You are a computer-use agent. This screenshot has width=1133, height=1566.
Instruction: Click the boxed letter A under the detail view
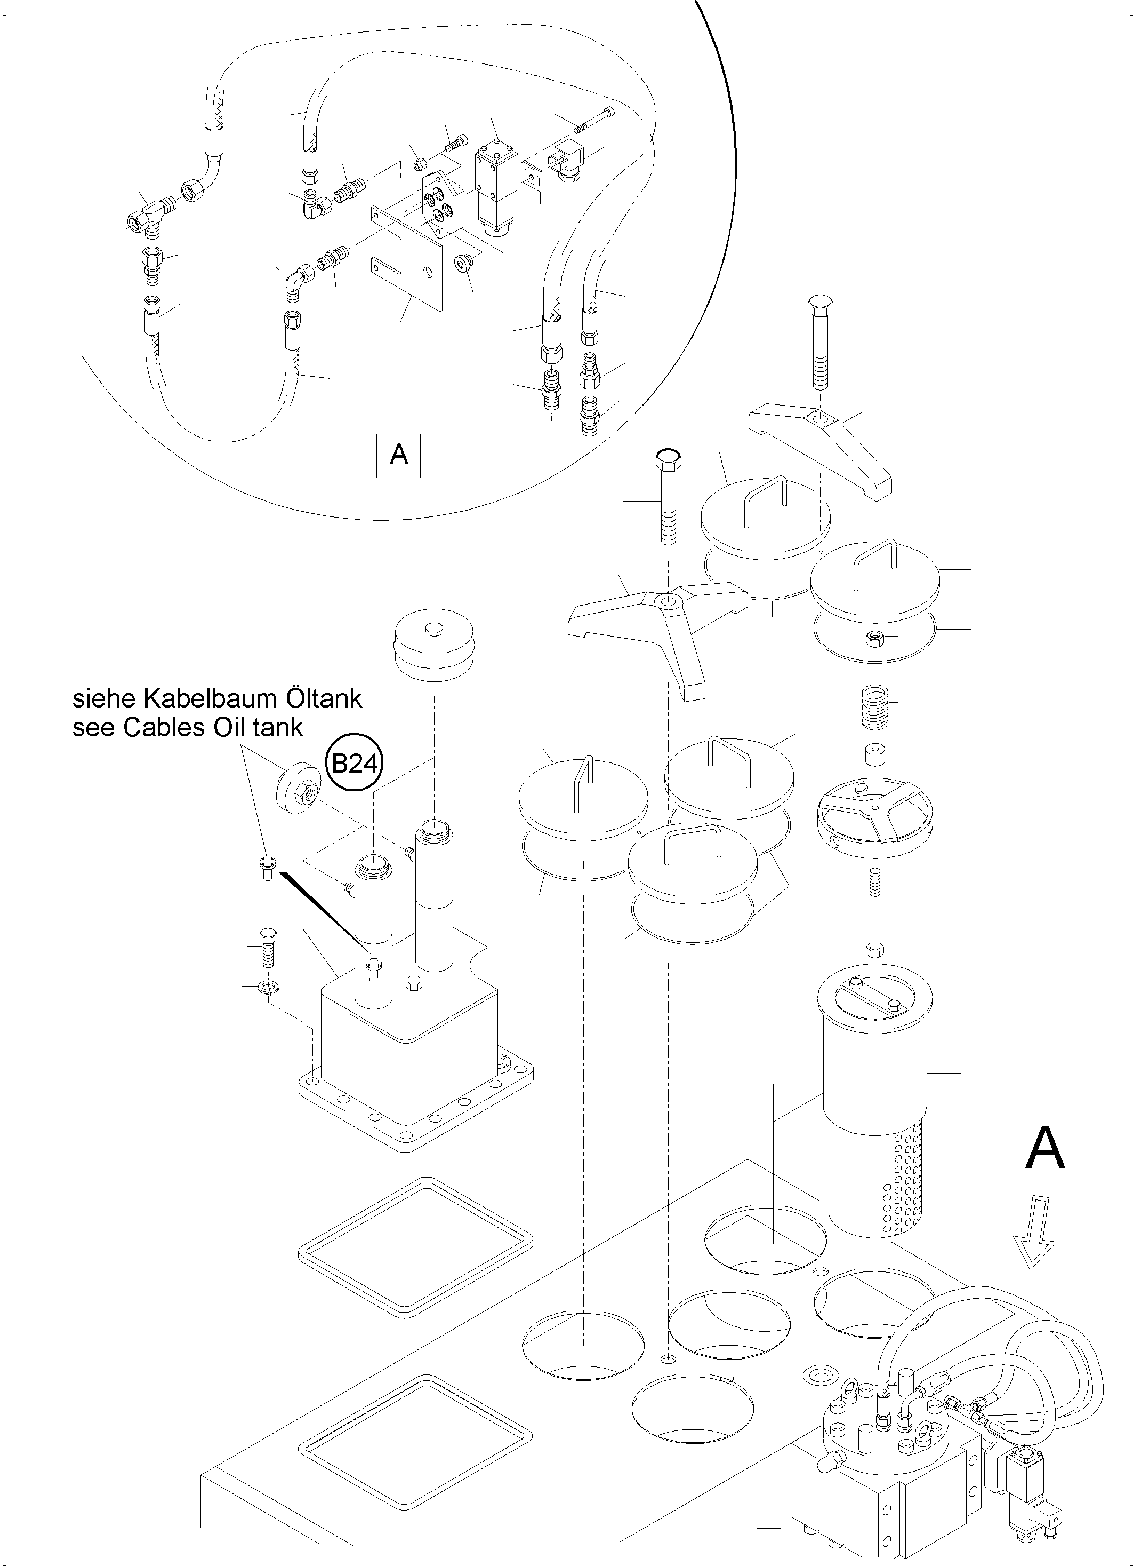(399, 455)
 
